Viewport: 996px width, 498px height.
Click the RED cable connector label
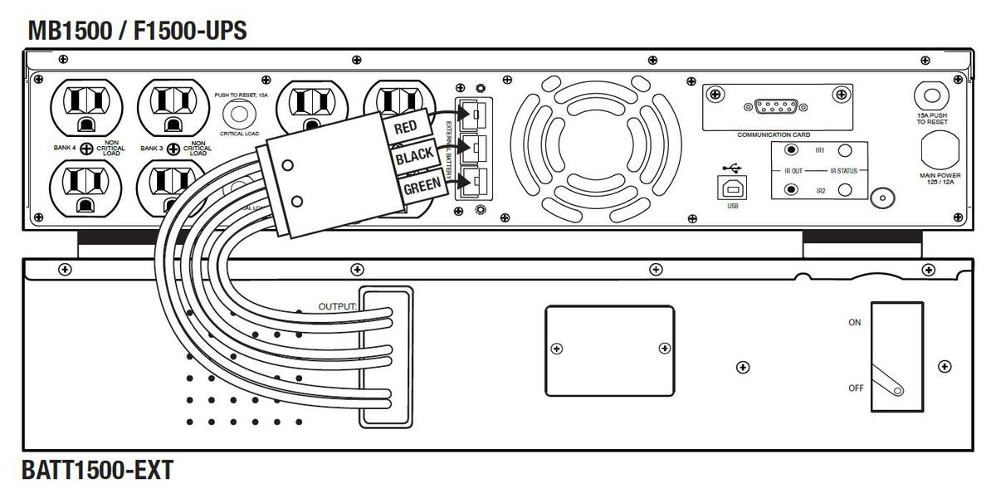pos(405,127)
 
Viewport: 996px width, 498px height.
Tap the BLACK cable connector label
pos(415,158)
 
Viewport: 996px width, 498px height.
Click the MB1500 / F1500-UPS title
pos(137,32)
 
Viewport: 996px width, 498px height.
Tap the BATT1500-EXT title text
pos(99,471)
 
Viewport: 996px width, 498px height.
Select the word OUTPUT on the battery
pos(337,306)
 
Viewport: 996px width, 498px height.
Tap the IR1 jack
pos(791,150)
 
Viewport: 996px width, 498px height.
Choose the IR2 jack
pos(791,190)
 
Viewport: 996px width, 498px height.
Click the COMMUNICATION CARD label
pos(773,134)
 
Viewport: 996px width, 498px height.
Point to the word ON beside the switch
pos(854,322)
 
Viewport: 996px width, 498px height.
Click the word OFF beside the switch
pos(855,388)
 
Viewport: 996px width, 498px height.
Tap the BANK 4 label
pos(64,149)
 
